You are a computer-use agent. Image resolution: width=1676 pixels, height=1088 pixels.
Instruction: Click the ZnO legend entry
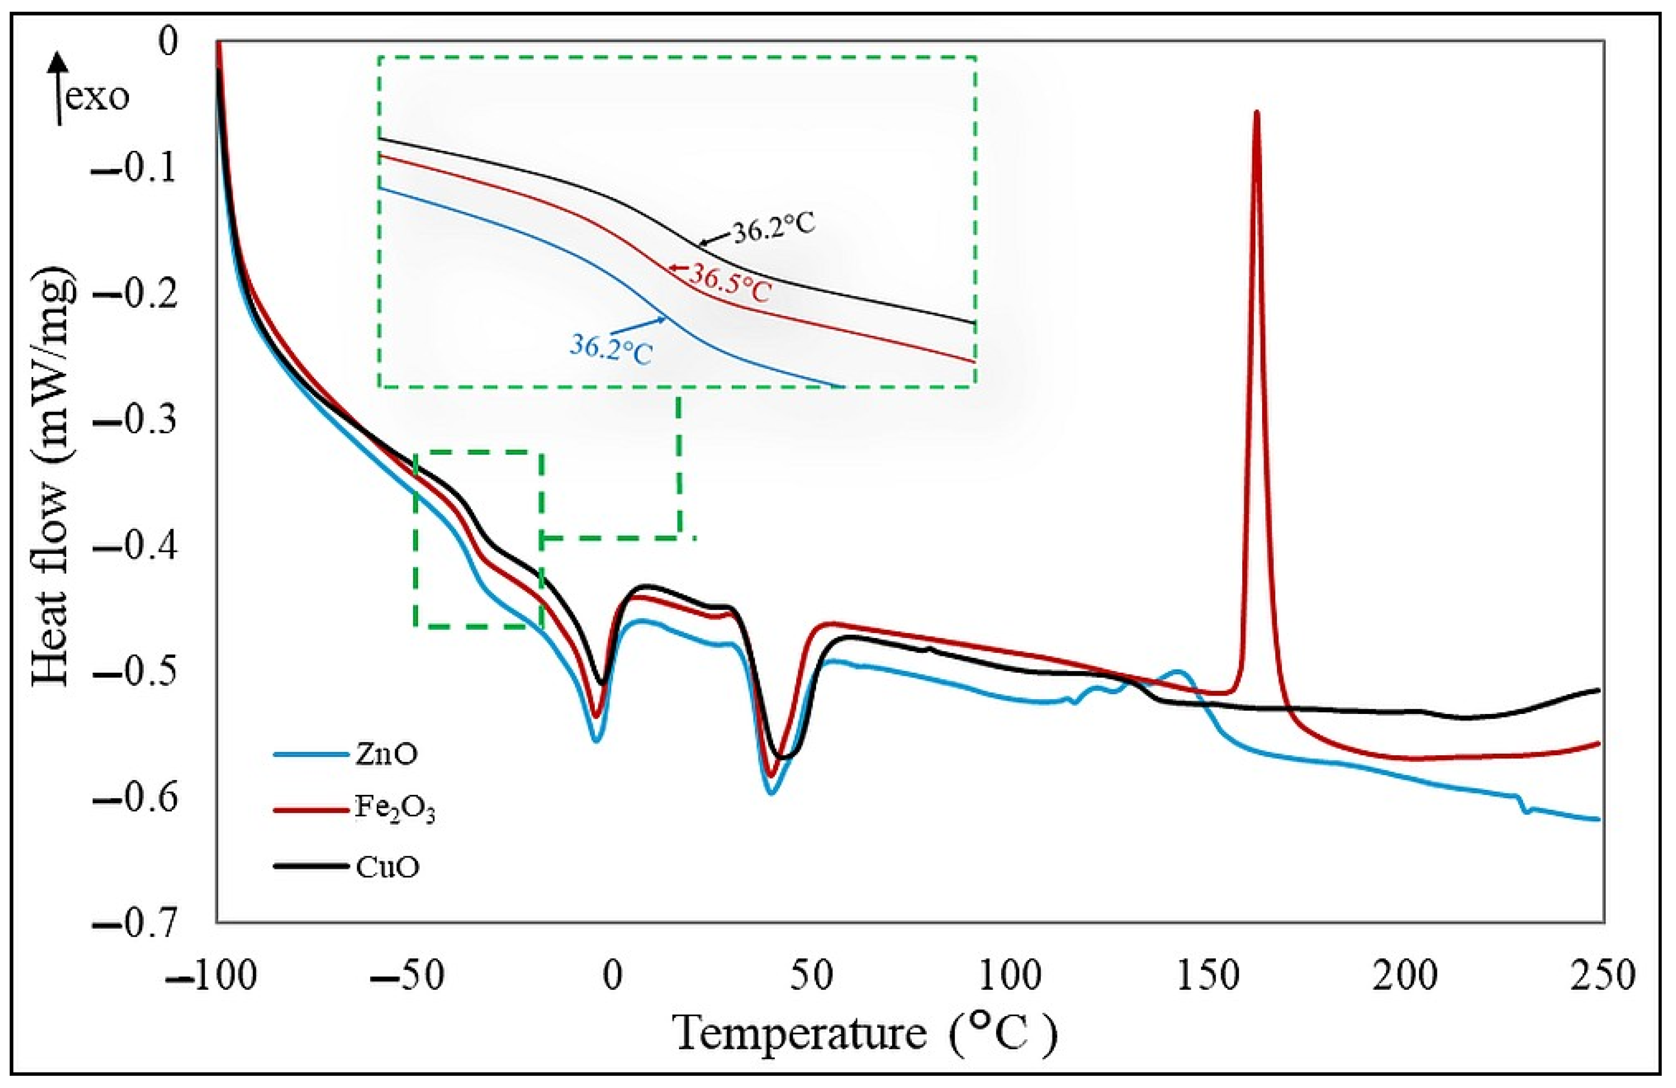[x=384, y=754]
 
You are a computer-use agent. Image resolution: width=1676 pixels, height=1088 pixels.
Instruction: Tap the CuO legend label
[x=386, y=867]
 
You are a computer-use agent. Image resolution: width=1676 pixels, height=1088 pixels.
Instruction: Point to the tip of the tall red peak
[x=1257, y=113]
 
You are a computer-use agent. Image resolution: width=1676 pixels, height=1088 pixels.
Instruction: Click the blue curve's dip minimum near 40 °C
[x=772, y=793]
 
